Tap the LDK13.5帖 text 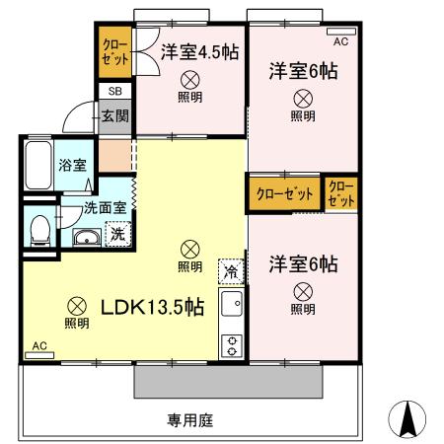tap(153, 307)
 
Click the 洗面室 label tap(104, 208)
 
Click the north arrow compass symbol tap(407, 419)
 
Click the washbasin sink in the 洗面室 tap(85, 237)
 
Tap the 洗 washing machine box tap(117, 235)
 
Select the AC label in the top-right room tap(341, 41)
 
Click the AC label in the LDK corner tap(39, 346)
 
